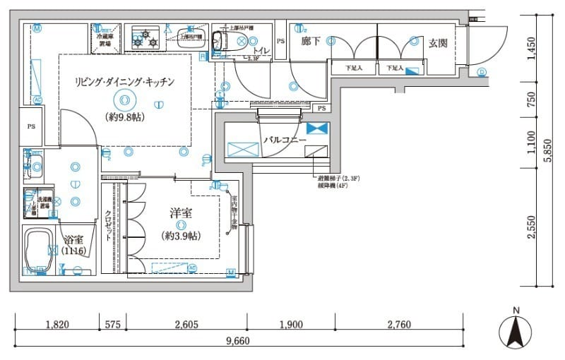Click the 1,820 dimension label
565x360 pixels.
(56, 325)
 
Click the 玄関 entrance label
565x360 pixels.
(438, 43)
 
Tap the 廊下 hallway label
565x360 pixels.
(311, 42)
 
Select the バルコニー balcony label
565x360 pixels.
(285, 140)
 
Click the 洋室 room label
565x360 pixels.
(182, 212)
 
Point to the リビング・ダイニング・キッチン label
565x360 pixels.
(124, 82)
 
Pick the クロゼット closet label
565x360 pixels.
(108, 226)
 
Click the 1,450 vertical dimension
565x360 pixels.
(532, 50)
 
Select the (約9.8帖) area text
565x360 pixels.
(124, 117)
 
